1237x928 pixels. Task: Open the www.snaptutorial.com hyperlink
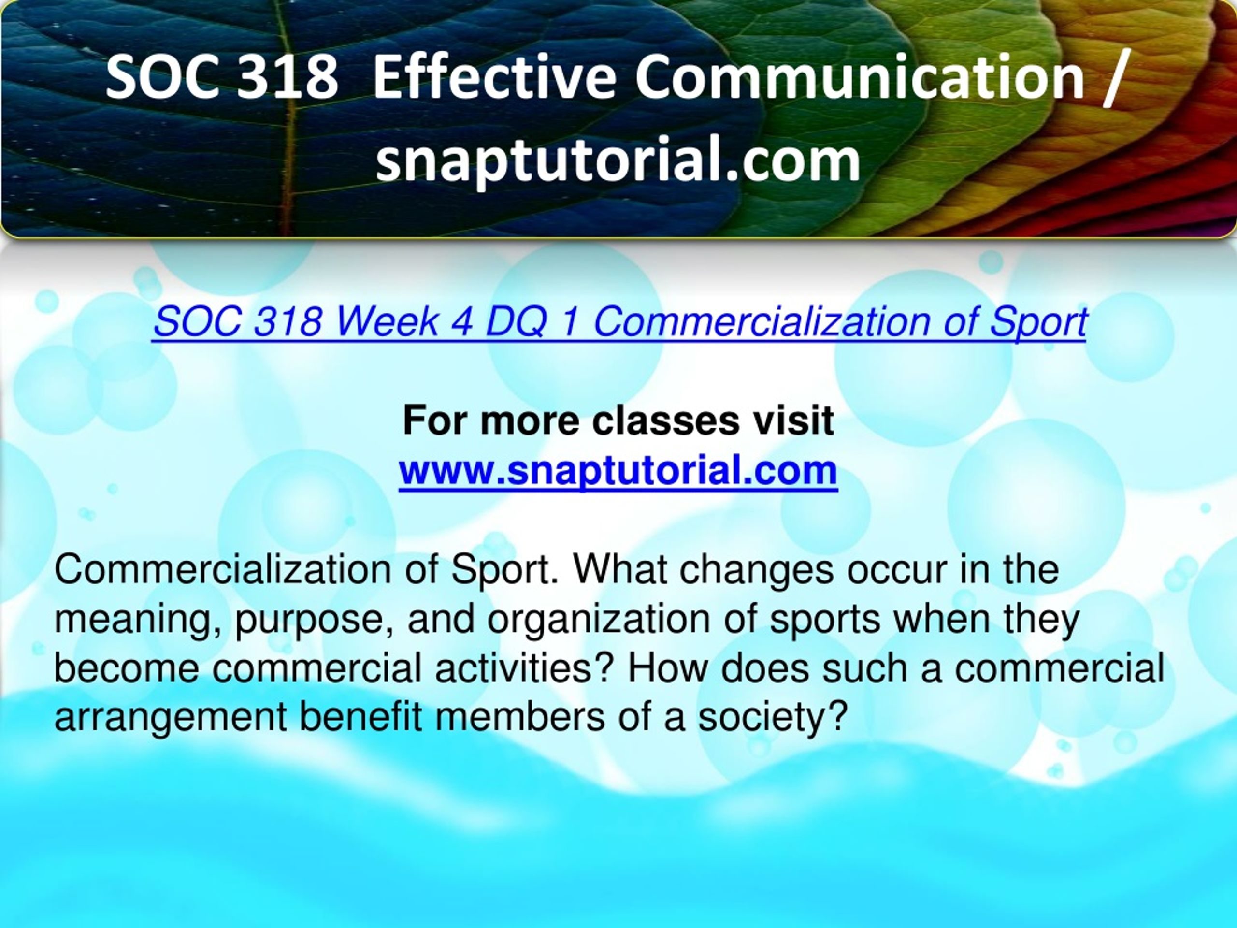[x=618, y=471]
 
